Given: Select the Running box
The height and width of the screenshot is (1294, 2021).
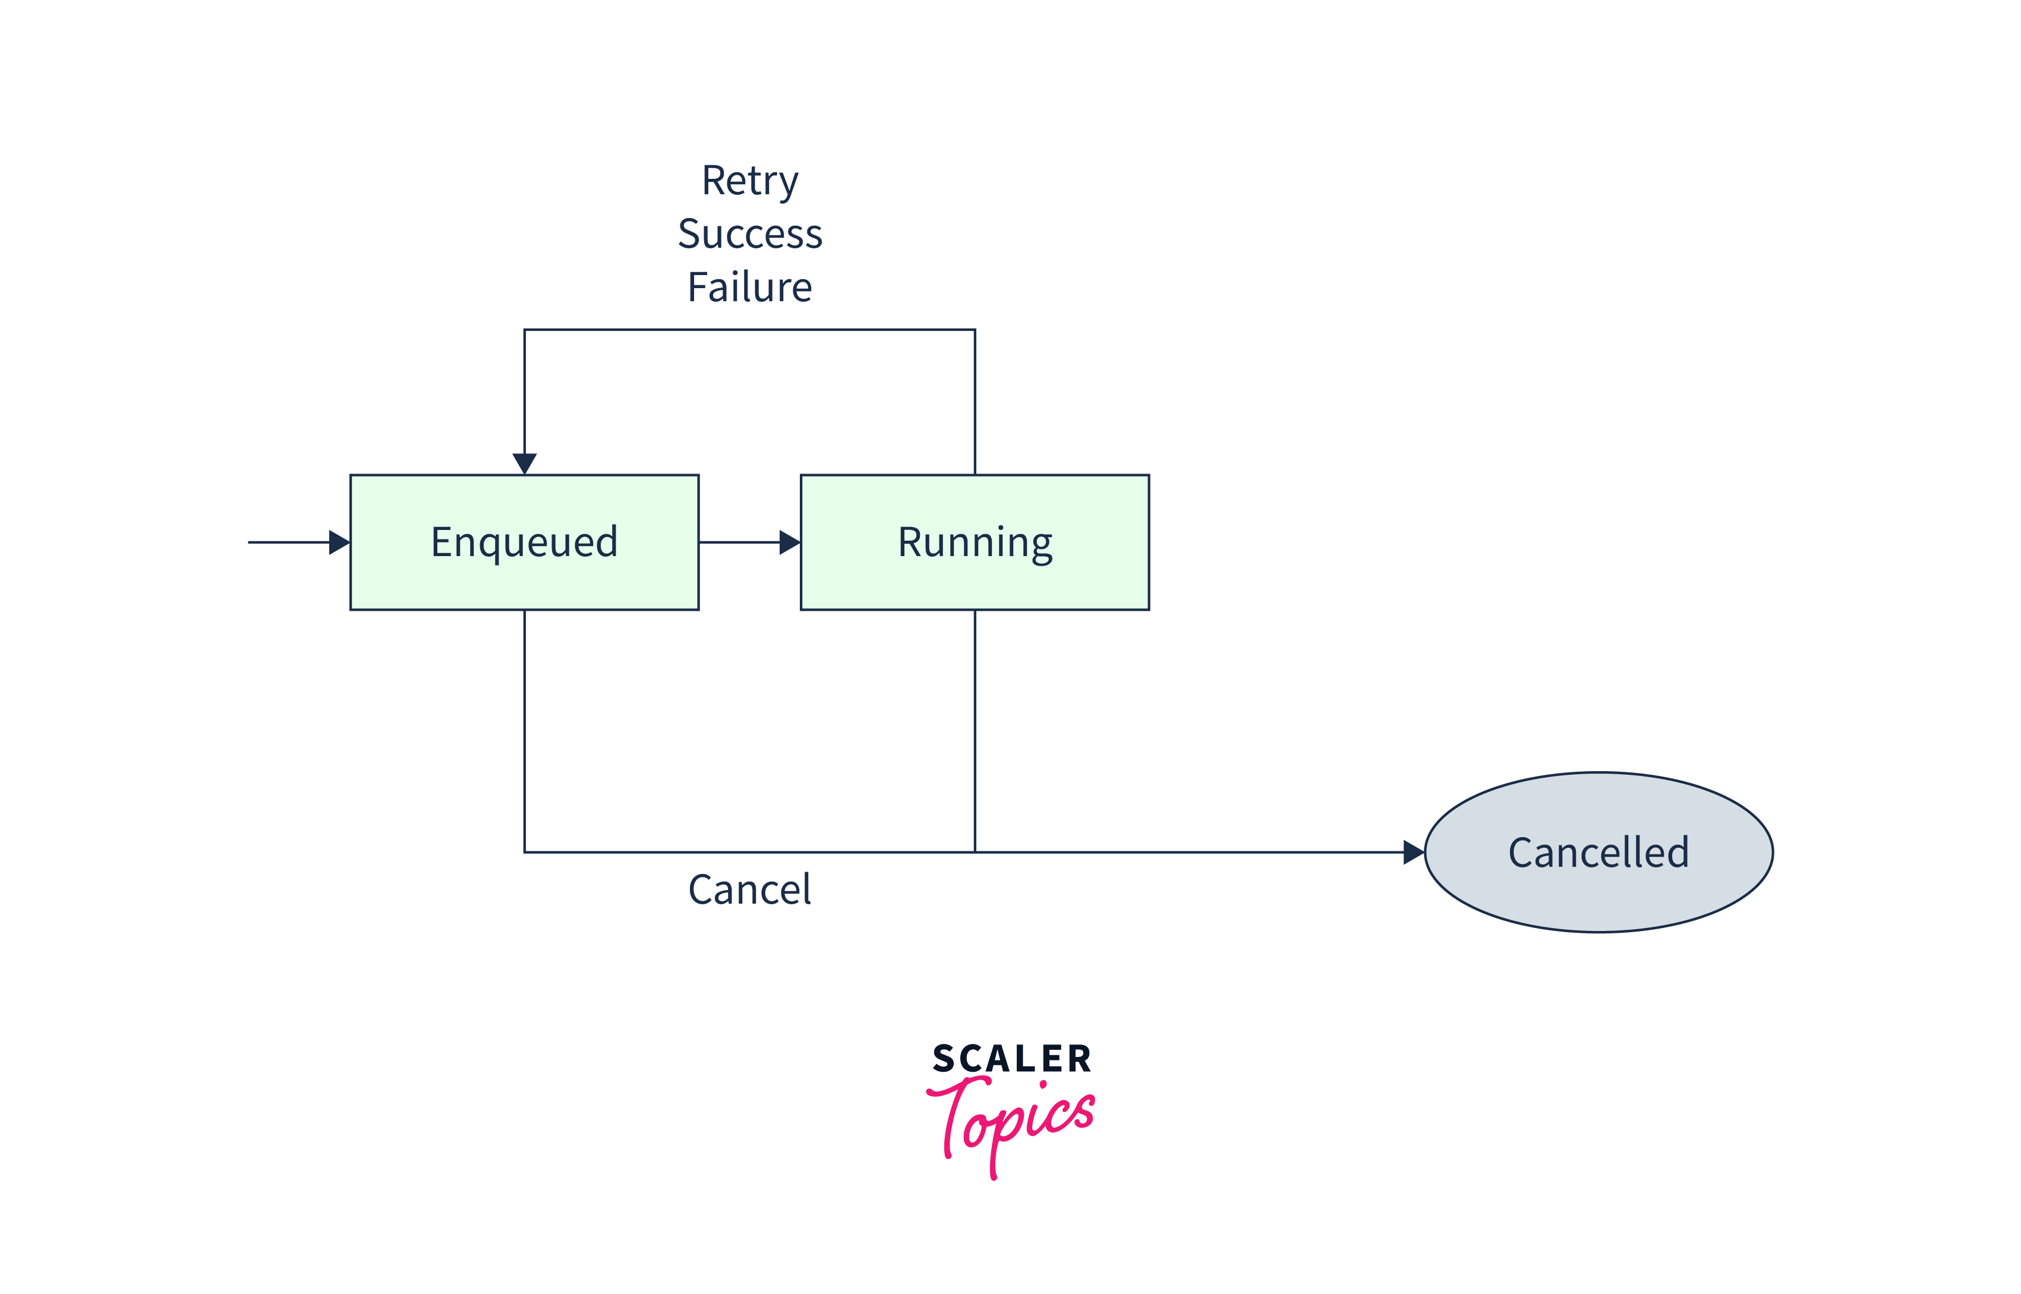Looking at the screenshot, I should coord(974,580).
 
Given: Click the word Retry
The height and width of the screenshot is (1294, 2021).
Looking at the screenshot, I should coord(749,181).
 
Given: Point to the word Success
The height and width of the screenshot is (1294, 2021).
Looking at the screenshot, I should coord(749,233).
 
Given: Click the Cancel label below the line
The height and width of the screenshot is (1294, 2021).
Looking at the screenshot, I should coord(749,889).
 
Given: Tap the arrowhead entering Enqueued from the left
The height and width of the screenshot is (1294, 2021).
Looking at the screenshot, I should coord(339,542).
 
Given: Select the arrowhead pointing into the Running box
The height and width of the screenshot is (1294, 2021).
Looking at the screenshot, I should coord(789,542).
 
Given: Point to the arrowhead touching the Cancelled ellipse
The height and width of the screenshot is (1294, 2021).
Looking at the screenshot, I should coord(1413,852).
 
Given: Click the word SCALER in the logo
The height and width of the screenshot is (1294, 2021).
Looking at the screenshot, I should coord(1012,1059).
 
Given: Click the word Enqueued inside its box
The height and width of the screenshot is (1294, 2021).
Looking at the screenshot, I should coord(524,542).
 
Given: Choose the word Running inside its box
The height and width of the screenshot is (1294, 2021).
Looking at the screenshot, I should coord(975,542).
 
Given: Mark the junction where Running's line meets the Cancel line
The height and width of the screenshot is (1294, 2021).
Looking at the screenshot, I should coord(975,852).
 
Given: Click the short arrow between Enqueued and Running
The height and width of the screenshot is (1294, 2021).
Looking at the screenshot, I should coord(739,542).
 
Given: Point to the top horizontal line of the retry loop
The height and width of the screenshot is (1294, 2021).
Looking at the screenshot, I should coord(749,329).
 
